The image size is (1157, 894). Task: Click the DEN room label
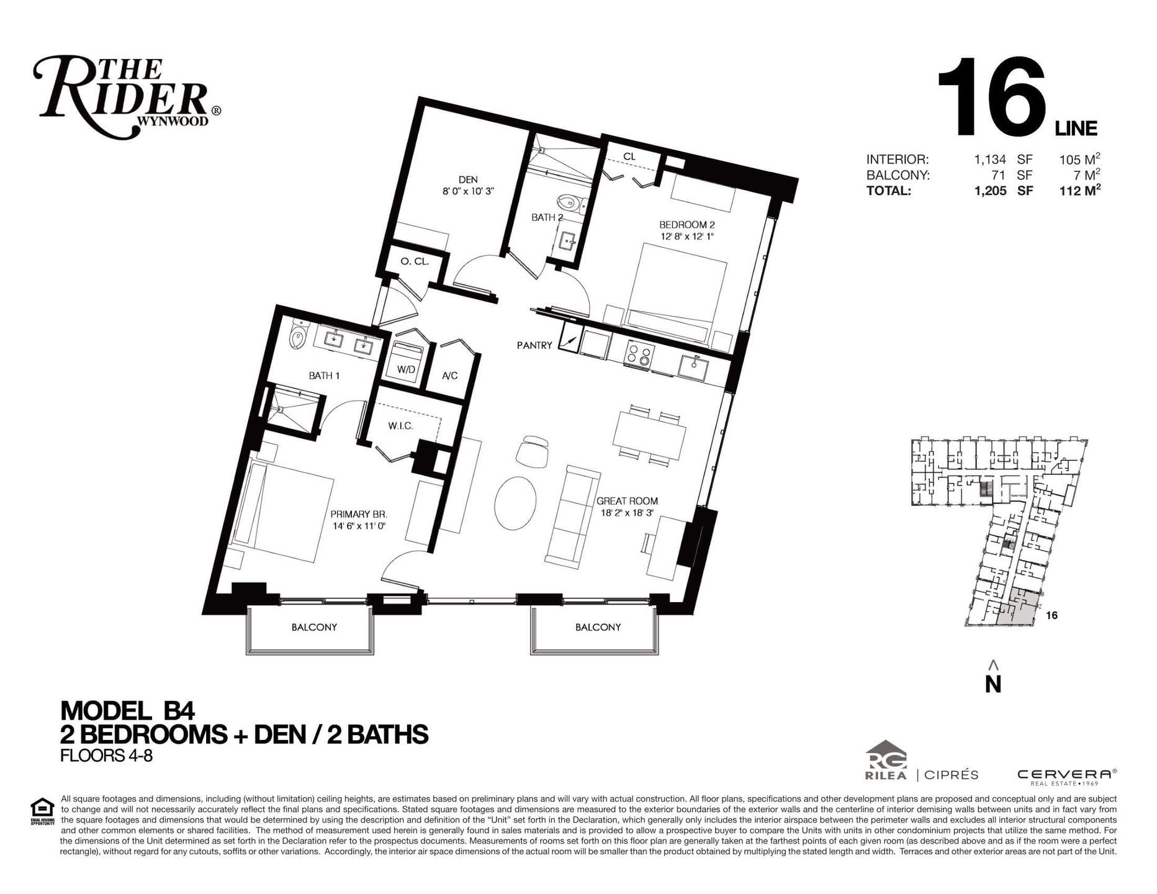click(468, 180)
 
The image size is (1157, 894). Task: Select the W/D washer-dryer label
click(406, 369)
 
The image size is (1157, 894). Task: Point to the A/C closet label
click(450, 376)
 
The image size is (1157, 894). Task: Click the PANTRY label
click(534, 345)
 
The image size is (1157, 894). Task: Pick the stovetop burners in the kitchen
click(640, 356)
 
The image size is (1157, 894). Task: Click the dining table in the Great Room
click(649, 433)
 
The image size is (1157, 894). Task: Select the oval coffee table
click(516, 502)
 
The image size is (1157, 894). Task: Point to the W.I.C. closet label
click(400, 426)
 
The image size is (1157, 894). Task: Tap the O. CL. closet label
click(415, 262)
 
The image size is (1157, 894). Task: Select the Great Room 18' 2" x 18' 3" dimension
click(627, 513)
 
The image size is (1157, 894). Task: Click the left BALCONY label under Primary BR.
click(314, 627)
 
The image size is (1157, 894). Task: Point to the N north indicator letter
click(993, 684)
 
